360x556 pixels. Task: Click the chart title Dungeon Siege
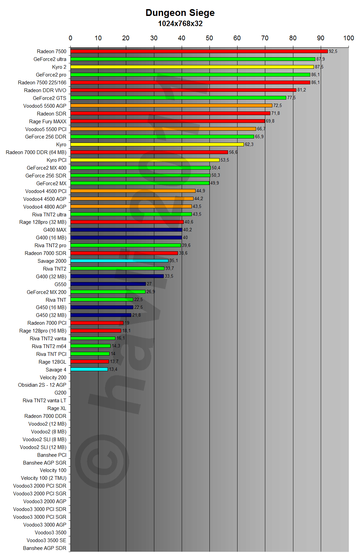pyautogui.click(x=180, y=13)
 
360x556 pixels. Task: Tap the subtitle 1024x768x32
pyautogui.click(x=180, y=24)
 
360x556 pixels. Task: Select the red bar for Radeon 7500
pyautogui.click(x=199, y=51)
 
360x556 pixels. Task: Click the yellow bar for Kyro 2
pyautogui.click(x=192, y=67)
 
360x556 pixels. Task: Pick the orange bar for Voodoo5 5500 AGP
pyautogui.click(x=171, y=106)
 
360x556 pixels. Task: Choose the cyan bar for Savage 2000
pyautogui.click(x=119, y=261)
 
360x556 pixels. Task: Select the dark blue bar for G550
pyautogui.click(x=108, y=284)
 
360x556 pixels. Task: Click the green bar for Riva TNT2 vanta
pyautogui.click(x=93, y=338)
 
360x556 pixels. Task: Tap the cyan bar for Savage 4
pyautogui.click(x=89, y=369)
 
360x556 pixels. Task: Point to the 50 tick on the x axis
pyautogui.click(x=209, y=38)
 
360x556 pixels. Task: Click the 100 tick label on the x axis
pyautogui.click(x=348, y=38)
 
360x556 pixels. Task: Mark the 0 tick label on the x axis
pyautogui.click(x=70, y=38)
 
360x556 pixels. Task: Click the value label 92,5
pyautogui.click(x=333, y=51)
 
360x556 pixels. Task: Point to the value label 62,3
pyautogui.click(x=249, y=145)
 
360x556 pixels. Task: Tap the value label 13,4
pyautogui.click(x=113, y=369)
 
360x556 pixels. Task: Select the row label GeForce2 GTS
pyautogui.click(x=49, y=98)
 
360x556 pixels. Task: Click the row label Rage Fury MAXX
pyautogui.click(x=48, y=122)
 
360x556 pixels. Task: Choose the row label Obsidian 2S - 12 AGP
pyautogui.click(x=42, y=385)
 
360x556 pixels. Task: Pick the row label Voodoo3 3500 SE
pyautogui.click(x=46, y=540)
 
